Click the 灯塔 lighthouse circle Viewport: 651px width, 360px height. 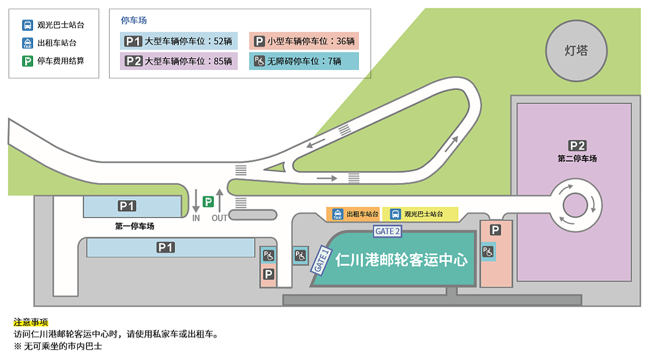pos(576,50)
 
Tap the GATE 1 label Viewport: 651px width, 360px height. pos(322,260)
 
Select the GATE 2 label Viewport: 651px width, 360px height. pos(388,231)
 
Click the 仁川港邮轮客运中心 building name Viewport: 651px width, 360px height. pos(402,260)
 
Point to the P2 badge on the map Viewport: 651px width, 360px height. pos(577,146)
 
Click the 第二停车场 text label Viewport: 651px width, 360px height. pos(577,159)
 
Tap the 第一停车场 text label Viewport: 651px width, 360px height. pos(135,226)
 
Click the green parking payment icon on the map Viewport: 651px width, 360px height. pos(208,201)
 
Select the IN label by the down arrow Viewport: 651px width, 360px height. pos(196,217)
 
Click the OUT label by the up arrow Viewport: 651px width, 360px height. pos(219,217)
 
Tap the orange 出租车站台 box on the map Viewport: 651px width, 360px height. pos(353,214)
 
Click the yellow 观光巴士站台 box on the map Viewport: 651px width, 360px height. pos(420,214)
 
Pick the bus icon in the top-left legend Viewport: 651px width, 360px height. pos(28,26)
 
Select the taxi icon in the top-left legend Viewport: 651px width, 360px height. pos(28,43)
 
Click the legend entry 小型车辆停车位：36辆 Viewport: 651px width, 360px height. pos(304,42)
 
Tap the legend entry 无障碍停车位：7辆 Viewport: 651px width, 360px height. pos(304,61)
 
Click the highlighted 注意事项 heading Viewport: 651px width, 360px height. pos(31,322)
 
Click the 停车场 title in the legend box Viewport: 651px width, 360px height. pos(134,21)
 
